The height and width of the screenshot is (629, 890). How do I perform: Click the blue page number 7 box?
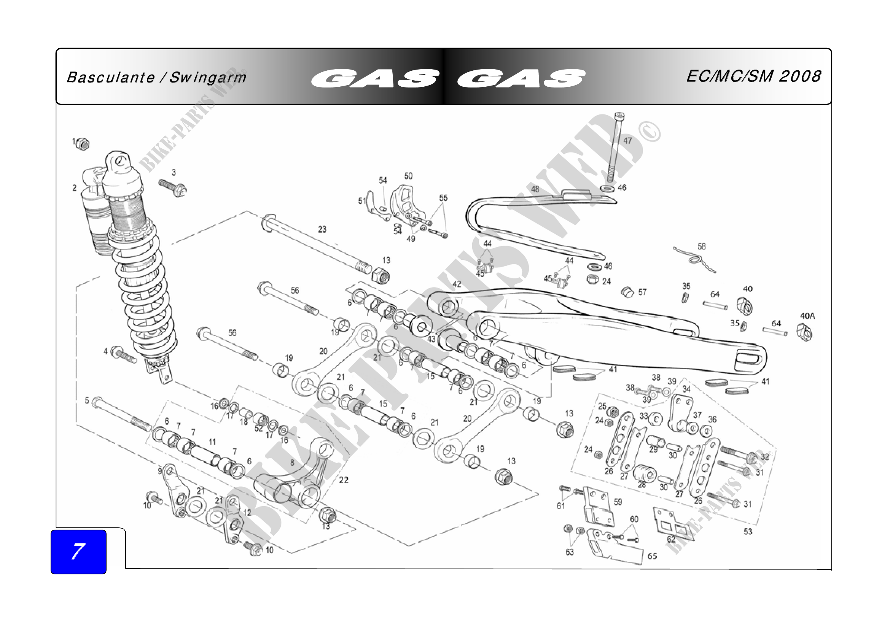click(78, 551)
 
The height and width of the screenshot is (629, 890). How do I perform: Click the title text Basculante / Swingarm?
click(156, 78)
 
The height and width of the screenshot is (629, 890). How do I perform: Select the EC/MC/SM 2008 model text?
click(753, 76)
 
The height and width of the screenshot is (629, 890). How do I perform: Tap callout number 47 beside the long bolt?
click(627, 141)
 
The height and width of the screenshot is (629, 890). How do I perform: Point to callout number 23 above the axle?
click(322, 229)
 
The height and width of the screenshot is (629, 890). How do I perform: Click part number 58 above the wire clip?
click(702, 246)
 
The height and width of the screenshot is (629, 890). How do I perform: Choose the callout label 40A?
click(807, 316)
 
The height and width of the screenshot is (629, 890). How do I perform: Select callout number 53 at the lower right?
click(748, 532)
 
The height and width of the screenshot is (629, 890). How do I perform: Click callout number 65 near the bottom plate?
click(653, 556)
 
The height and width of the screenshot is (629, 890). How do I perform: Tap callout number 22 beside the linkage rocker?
click(344, 480)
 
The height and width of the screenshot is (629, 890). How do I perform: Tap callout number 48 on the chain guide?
click(535, 189)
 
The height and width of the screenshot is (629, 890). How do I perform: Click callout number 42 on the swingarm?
click(457, 284)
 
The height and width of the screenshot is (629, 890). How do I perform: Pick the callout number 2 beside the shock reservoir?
click(75, 188)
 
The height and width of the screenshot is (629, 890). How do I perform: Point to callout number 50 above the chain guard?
click(408, 176)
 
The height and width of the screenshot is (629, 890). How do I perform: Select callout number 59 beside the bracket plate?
click(618, 502)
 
